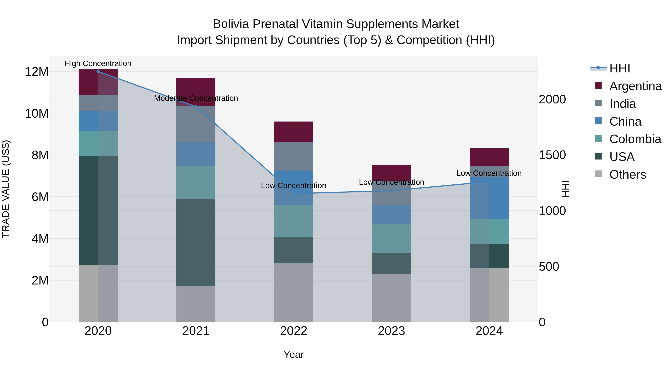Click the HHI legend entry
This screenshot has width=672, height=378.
pyautogui.click(x=619, y=68)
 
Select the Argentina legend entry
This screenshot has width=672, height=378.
pyautogui.click(x=635, y=86)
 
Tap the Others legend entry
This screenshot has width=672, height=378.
pyautogui.click(x=627, y=175)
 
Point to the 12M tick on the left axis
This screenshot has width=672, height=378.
pyautogui.click(x=37, y=72)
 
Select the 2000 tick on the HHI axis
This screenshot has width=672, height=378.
pyautogui.click(x=552, y=99)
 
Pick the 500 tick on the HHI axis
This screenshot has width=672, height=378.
pyautogui.click(x=549, y=267)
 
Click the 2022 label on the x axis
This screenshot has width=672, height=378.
pyautogui.click(x=293, y=331)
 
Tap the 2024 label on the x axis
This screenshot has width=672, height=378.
pyautogui.click(x=489, y=331)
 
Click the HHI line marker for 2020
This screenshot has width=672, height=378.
pyautogui.click(x=98, y=71)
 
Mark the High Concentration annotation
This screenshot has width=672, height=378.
pyautogui.click(x=98, y=63)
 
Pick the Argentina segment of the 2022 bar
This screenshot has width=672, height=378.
pyautogui.click(x=293, y=132)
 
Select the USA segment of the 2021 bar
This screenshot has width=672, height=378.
pyautogui.click(x=196, y=242)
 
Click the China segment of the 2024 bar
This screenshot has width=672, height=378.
pyautogui.click(x=489, y=198)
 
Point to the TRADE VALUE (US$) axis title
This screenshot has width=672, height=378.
pyautogui.click(x=6, y=189)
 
